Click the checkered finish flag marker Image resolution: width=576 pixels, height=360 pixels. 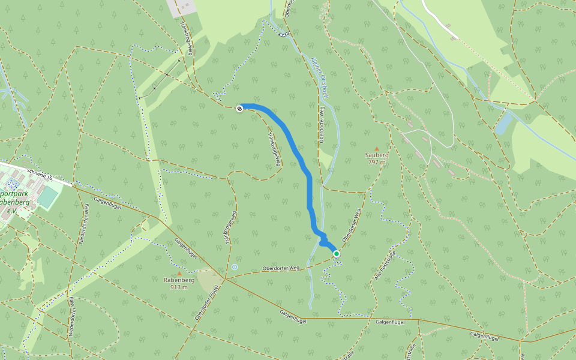pos(239,109)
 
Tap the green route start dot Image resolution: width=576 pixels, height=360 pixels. pos(337,254)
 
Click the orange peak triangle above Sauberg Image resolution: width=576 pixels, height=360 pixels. pos(377,148)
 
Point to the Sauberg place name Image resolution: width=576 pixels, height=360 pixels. pos(377,155)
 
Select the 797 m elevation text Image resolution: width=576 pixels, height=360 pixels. pos(377,162)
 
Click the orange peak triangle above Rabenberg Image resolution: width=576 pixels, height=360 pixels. pos(179,274)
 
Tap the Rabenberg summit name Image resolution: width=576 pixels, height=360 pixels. pos(179,280)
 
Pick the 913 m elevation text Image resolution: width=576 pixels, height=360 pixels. pos(179,287)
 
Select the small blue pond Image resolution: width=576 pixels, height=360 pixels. pos(504,123)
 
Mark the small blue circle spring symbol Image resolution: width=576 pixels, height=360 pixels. pos(235,266)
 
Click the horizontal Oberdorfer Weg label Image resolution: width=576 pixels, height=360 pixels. pos(281,268)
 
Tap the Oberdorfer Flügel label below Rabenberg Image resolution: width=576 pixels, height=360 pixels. pos(207,304)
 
